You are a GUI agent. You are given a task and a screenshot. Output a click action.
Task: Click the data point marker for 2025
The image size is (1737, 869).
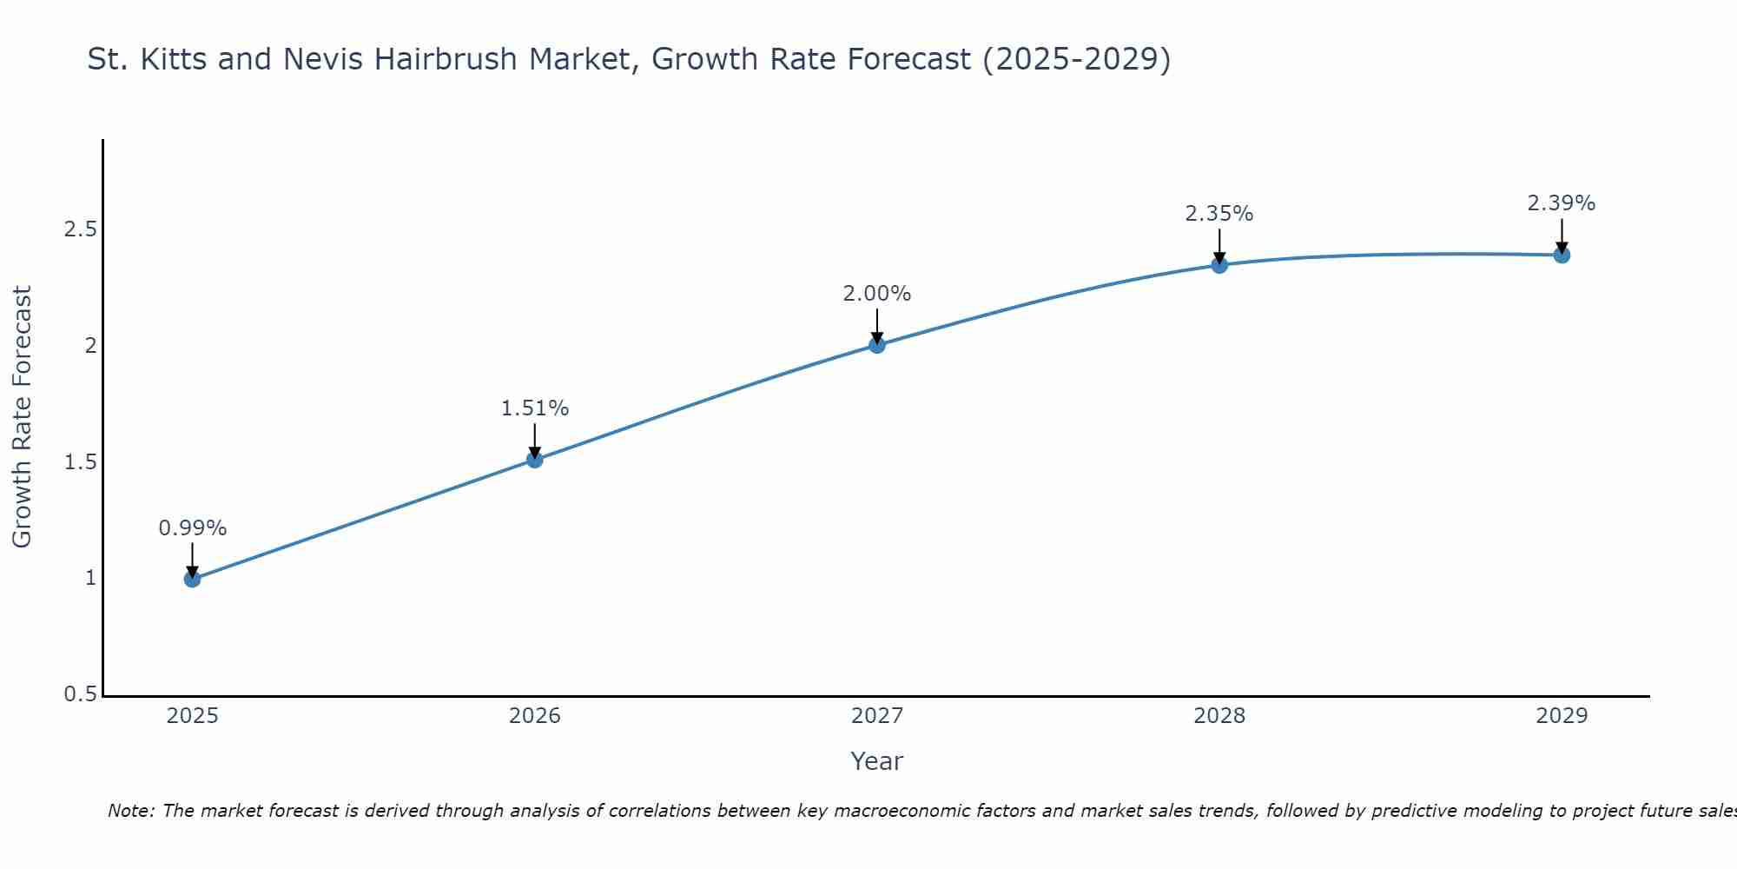tap(192, 579)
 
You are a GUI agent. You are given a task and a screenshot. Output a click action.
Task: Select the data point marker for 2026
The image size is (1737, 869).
tap(535, 459)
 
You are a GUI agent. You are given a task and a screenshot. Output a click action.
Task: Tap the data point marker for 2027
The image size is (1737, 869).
tap(877, 345)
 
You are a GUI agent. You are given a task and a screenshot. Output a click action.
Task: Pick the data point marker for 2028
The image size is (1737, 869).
tap(1219, 265)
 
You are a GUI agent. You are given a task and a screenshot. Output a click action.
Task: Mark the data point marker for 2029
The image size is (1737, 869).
tap(1562, 255)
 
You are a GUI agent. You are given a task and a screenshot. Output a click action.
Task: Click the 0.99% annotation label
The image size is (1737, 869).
tap(192, 528)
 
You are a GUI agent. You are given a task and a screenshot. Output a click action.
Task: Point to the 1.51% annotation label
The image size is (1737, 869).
tap(535, 408)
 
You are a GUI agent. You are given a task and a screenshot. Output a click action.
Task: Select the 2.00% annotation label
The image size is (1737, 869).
tap(877, 294)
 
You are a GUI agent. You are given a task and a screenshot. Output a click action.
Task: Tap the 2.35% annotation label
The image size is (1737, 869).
tap(1219, 214)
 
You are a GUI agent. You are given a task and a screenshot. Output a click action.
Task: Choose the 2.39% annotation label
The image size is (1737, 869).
tap(1562, 203)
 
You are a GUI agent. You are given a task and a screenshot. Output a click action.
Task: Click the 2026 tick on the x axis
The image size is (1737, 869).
tap(535, 716)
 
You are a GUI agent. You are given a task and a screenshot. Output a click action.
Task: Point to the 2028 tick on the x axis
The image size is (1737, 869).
tap(1219, 716)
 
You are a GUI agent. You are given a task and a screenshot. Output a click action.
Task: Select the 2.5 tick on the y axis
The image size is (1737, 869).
tap(80, 230)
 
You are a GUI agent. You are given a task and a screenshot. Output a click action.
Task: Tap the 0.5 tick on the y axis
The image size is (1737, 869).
tap(80, 694)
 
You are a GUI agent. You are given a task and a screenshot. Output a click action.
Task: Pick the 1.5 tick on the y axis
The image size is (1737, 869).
tap(80, 462)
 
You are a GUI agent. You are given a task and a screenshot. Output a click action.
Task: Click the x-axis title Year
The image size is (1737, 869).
tap(877, 761)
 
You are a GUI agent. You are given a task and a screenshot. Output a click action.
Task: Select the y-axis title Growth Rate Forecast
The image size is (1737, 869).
tap(22, 417)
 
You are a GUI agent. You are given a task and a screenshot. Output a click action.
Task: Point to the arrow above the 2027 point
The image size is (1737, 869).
tap(877, 327)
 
